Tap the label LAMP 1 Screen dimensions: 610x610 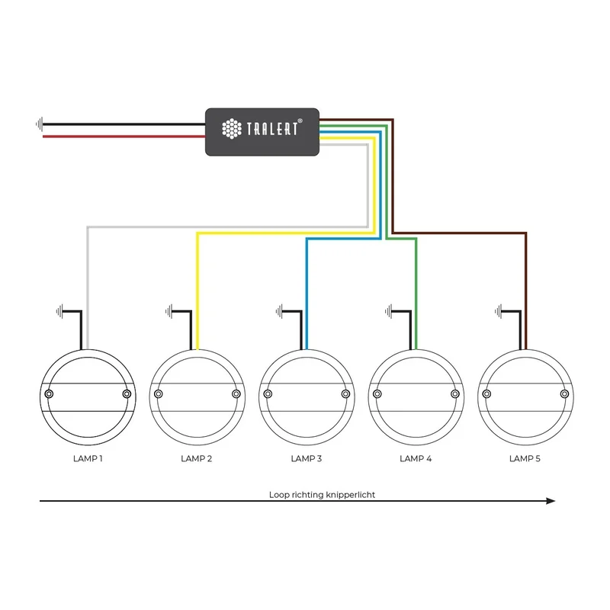(x=87, y=459)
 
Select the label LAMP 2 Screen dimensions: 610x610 (x=197, y=459)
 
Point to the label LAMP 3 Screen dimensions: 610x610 (x=307, y=459)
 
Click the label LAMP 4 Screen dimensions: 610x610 (x=416, y=459)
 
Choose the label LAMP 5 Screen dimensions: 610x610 (x=525, y=459)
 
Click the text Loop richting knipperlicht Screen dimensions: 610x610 (x=322, y=494)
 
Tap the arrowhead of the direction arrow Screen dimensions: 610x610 (x=551, y=501)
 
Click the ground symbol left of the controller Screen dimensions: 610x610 (x=38, y=124)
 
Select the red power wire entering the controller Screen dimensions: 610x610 (x=122, y=136)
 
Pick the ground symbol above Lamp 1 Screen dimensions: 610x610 (x=60, y=310)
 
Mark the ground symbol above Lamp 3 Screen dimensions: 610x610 (x=280, y=310)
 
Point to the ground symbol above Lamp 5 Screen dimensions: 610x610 (x=499, y=310)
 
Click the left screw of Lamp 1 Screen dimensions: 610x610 (x=49, y=393)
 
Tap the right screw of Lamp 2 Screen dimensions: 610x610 (x=236, y=393)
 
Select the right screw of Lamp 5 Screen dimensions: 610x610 (x=564, y=393)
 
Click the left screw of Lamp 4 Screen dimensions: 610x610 (x=377, y=393)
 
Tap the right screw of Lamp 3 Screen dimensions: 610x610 (x=345, y=393)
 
